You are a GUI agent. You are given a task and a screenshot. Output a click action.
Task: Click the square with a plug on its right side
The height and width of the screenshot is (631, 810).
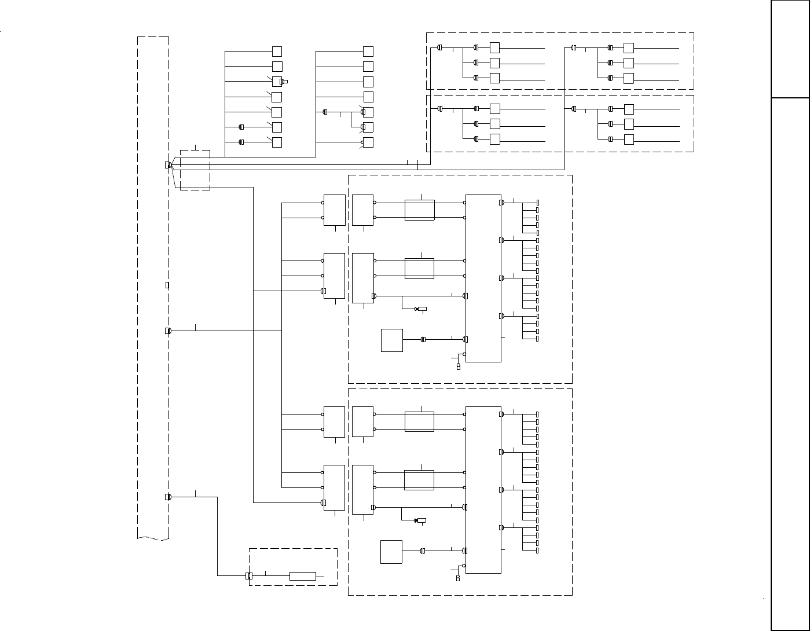(x=277, y=82)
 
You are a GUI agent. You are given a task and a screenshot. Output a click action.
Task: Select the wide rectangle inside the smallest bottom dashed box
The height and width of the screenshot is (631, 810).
(x=302, y=576)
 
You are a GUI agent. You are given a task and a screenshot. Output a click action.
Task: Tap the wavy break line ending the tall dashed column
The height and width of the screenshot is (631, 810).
(x=153, y=538)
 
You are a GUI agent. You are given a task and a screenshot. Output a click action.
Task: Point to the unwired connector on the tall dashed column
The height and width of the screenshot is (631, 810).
(x=167, y=285)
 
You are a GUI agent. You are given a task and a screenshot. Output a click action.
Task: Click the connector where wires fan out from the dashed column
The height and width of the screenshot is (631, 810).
(x=168, y=165)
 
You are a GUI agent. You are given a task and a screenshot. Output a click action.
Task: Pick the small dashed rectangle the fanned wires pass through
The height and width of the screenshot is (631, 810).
(x=195, y=170)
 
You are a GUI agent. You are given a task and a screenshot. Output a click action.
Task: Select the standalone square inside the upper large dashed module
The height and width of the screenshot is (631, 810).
(x=392, y=340)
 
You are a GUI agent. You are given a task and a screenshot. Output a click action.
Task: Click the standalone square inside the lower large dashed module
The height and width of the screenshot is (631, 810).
(x=391, y=551)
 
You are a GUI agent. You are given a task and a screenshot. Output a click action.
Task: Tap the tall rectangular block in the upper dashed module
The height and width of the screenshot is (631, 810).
(x=483, y=278)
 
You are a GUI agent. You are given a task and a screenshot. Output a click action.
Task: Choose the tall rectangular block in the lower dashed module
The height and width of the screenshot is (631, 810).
(x=483, y=489)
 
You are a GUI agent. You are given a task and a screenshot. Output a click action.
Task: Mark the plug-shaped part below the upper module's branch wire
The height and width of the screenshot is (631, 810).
(x=421, y=309)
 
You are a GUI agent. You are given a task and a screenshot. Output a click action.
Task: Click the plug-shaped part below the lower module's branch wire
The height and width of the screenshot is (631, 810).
(x=420, y=520)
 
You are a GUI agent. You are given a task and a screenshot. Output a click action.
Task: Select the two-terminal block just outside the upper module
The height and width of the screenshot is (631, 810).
(x=334, y=210)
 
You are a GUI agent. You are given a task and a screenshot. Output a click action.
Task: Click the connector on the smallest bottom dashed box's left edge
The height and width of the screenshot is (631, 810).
(x=249, y=576)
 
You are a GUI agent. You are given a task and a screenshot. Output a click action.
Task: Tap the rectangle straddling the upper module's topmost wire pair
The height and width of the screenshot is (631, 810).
(x=419, y=210)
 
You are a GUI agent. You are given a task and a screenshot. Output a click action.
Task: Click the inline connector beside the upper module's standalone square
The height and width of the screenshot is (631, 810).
(x=423, y=340)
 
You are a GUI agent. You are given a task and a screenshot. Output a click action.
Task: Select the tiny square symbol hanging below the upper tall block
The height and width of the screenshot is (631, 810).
(x=459, y=367)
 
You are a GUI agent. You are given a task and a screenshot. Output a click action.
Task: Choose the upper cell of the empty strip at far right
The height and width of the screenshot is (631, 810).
(x=790, y=49)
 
